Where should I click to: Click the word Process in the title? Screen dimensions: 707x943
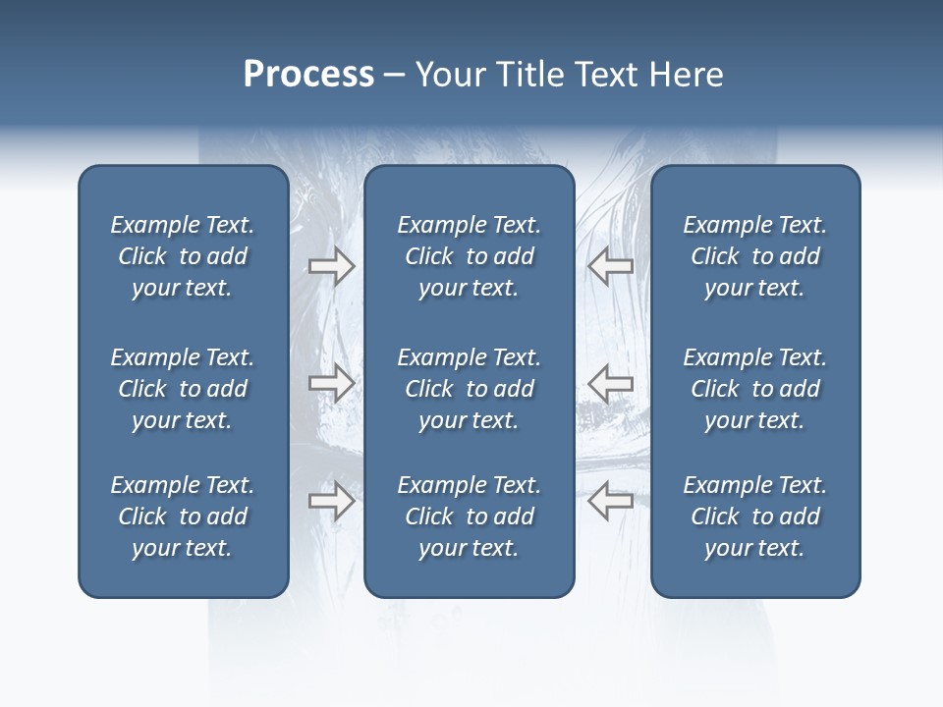tap(308, 75)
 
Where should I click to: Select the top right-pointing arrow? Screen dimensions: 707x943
tap(331, 266)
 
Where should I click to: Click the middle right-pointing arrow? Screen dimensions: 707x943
tap(331, 383)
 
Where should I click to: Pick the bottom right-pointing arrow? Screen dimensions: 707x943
tap(331, 501)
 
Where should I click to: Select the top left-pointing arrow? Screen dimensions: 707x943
tap(610, 265)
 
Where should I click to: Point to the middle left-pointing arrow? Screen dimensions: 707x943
tap(610, 383)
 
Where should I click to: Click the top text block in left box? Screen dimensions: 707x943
tap(183, 256)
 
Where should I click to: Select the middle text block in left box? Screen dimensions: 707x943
tap(183, 389)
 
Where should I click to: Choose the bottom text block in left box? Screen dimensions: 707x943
tap(183, 517)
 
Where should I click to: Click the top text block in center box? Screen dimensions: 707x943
tap(469, 256)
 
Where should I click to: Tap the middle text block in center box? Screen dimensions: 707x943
tap(469, 389)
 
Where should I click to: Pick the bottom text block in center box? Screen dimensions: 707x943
tap(469, 517)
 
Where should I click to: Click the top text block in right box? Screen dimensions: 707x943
tap(754, 256)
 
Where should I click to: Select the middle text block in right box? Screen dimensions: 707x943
tap(754, 389)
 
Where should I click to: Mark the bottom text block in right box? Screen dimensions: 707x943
tap(754, 517)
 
